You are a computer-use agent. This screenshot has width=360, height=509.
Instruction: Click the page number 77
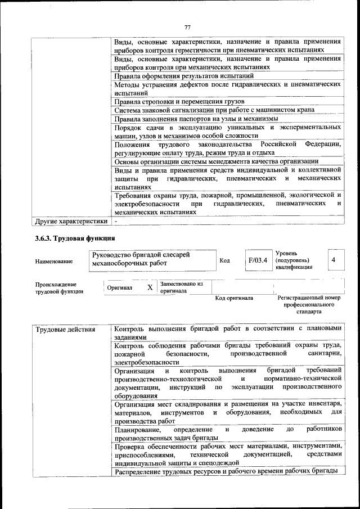click(x=188, y=28)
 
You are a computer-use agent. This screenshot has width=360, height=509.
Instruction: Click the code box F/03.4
click(x=257, y=260)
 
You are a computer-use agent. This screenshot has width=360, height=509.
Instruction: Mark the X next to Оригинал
click(x=150, y=287)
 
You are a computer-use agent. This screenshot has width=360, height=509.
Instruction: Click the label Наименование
click(x=53, y=262)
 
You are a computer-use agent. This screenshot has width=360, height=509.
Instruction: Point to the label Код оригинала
click(x=234, y=298)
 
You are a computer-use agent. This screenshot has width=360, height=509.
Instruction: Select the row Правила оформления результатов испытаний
click(x=183, y=75)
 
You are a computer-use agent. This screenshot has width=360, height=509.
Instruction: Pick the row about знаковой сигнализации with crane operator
click(x=214, y=110)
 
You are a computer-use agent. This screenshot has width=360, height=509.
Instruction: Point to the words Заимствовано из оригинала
click(x=181, y=288)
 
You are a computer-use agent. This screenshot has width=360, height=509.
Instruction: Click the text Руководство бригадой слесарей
click(x=141, y=256)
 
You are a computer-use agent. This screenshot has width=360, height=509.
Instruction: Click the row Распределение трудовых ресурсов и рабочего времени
click(x=226, y=471)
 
